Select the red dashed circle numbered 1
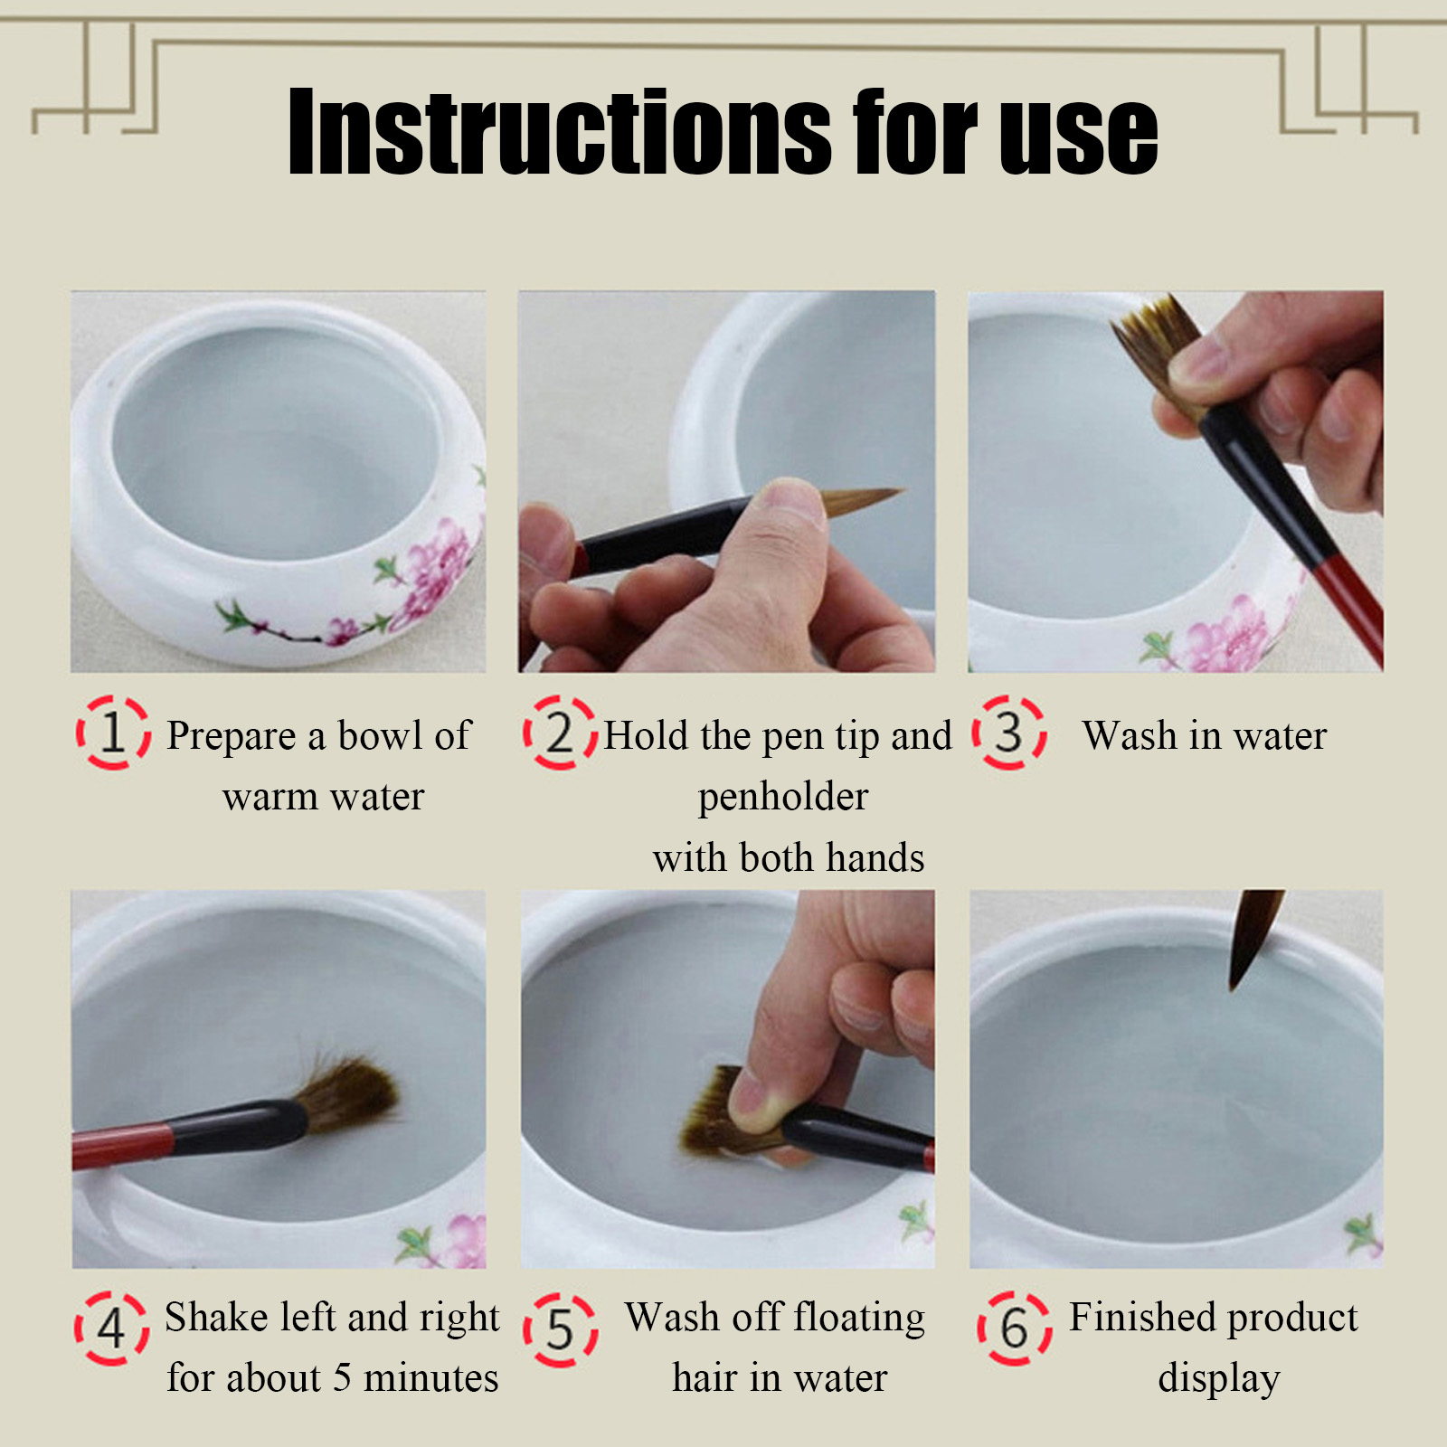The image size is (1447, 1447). [113, 733]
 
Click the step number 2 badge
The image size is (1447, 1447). [561, 733]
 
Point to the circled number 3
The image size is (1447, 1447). [1009, 733]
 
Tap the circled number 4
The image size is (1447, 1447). [111, 1328]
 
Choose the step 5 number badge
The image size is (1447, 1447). [561, 1329]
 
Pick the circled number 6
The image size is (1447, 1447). [1015, 1328]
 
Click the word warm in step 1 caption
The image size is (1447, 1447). [270, 798]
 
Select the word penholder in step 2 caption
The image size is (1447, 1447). [783, 798]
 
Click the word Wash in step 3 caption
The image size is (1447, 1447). [1130, 735]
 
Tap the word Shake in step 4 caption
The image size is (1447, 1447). [216, 1317]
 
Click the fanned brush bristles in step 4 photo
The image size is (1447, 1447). [348, 1092]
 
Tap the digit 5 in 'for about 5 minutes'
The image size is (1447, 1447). [342, 1378]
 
